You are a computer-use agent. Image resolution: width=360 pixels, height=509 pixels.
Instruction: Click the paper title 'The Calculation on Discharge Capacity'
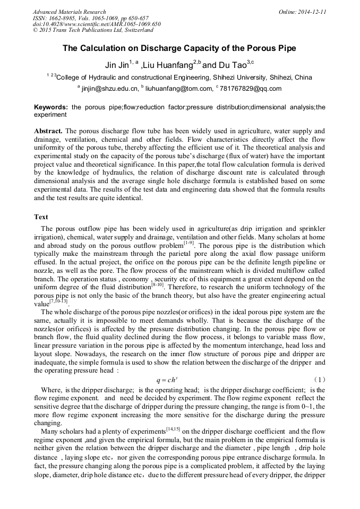(x=179, y=48)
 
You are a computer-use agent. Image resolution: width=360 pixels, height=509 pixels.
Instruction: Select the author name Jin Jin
(x=118, y=65)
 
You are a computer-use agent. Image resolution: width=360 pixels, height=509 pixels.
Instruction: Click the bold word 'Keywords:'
(x=50, y=107)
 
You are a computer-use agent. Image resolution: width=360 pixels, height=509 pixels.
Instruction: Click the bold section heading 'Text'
(x=41, y=217)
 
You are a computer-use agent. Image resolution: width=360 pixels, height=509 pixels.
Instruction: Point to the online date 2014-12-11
(x=312, y=12)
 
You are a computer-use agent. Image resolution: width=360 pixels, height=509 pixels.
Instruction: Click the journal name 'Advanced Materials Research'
(x=70, y=12)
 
